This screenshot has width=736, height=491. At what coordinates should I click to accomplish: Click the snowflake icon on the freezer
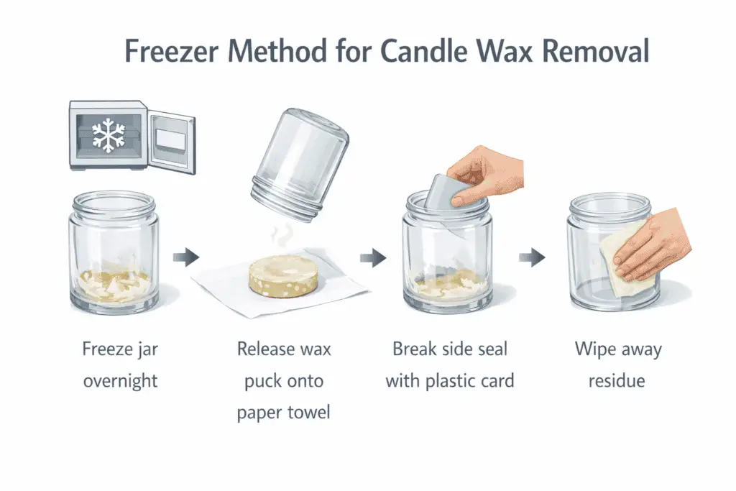[107, 134]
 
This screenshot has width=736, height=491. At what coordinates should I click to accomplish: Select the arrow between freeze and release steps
[185, 256]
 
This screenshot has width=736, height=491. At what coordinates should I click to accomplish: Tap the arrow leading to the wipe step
[532, 256]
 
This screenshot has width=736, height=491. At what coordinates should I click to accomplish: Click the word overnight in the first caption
[120, 380]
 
